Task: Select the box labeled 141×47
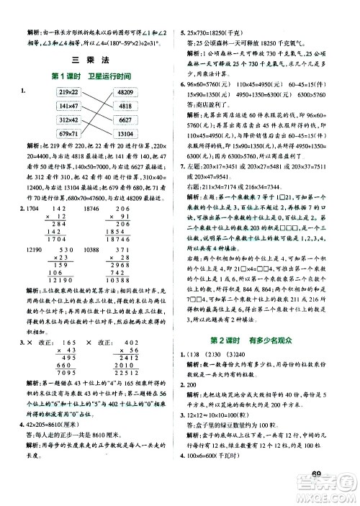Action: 48,107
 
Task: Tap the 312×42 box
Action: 48,119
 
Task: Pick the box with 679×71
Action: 48,133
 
